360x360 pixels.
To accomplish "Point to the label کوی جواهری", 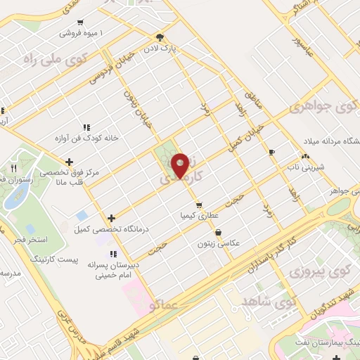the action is pyautogui.click(x=327, y=107).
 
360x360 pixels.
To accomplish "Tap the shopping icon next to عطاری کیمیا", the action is pyautogui.click(x=200, y=205).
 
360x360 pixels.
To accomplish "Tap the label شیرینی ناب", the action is pyautogui.click(x=303, y=167).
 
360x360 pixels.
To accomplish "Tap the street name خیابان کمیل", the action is pyautogui.click(x=247, y=134).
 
